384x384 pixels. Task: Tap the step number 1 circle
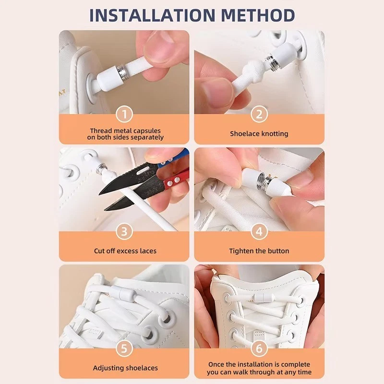tap(125, 114)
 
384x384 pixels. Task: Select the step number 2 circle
tap(259, 114)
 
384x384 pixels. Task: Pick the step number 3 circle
tap(125, 231)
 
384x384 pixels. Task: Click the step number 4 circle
tap(259, 231)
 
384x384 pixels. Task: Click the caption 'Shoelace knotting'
tap(259, 134)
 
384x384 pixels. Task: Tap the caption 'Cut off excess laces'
tap(125, 251)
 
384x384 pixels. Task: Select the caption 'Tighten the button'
tap(259, 251)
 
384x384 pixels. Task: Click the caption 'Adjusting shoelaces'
tap(125, 368)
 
